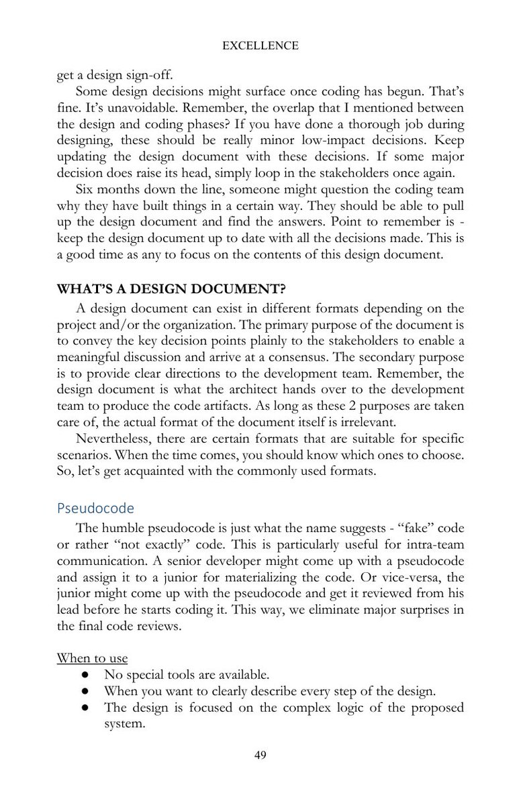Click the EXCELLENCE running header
tap(260, 46)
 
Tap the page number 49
tap(260, 755)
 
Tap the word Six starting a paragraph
tap(86, 188)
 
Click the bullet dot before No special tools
tap(86, 674)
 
